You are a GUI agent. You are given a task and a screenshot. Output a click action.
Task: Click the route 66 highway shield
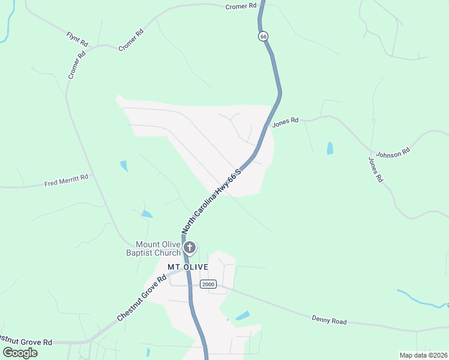click(263, 37)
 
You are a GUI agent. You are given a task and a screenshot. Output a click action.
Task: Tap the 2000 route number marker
click(208, 284)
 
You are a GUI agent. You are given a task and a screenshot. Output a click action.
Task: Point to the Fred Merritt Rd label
click(66, 181)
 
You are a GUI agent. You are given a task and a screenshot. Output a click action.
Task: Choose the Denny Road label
click(330, 320)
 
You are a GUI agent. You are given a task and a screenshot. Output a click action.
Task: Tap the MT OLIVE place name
click(187, 267)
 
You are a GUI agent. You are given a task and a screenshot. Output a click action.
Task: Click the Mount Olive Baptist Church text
click(157, 248)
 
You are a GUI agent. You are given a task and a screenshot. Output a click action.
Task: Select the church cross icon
click(190, 247)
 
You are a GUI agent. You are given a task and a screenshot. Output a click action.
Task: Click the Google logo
click(20, 353)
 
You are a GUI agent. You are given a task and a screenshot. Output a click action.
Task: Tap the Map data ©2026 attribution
click(423, 355)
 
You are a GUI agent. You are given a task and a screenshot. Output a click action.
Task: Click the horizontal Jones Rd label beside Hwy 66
click(285, 122)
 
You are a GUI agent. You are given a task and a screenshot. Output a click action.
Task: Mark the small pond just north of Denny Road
click(243, 316)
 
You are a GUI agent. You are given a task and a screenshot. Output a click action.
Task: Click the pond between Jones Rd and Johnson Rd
click(330, 148)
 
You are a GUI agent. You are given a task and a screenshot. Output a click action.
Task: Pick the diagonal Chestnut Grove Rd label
click(142, 298)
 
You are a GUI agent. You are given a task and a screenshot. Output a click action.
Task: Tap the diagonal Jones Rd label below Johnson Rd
click(375, 170)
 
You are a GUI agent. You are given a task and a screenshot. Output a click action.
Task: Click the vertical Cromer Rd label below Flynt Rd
click(77, 65)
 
